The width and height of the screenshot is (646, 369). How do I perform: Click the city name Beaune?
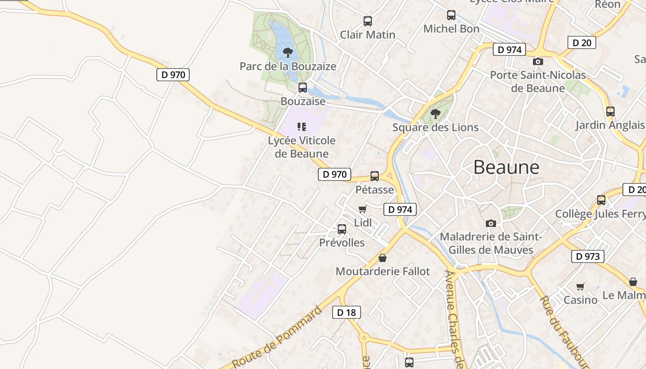(x=506, y=167)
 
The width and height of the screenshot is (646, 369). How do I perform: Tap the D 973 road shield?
(x=587, y=256)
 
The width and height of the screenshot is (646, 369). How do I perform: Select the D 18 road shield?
(x=346, y=312)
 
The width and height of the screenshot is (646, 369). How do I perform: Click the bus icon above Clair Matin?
(x=367, y=21)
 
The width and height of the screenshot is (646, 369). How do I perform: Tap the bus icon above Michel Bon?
(x=451, y=15)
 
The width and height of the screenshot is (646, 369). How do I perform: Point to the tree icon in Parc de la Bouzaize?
(x=287, y=52)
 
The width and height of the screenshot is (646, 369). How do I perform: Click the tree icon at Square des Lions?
(x=435, y=113)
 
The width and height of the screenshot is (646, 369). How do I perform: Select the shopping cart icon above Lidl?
(x=362, y=209)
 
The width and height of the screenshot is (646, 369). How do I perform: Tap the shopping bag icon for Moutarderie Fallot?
(x=382, y=258)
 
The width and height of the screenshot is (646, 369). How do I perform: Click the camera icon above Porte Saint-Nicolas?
(x=537, y=61)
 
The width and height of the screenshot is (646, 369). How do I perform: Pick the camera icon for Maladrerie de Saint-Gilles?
(x=491, y=223)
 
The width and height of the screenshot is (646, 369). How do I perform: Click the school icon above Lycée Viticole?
(x=302, y=126)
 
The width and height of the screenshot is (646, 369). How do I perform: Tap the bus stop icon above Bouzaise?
(x=303, y=87)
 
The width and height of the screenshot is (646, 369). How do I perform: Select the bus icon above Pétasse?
(x=374, y=176)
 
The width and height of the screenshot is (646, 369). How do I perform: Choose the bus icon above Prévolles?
(x=341, y=229)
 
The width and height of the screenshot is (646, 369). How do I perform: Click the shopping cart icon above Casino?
(x=580, y=286)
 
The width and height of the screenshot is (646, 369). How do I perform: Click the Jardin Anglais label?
(x=610, y=125)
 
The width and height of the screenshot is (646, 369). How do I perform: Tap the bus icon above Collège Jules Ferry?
(x=601, y=200)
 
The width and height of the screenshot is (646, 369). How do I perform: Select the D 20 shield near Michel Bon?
(x=581, y=43)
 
